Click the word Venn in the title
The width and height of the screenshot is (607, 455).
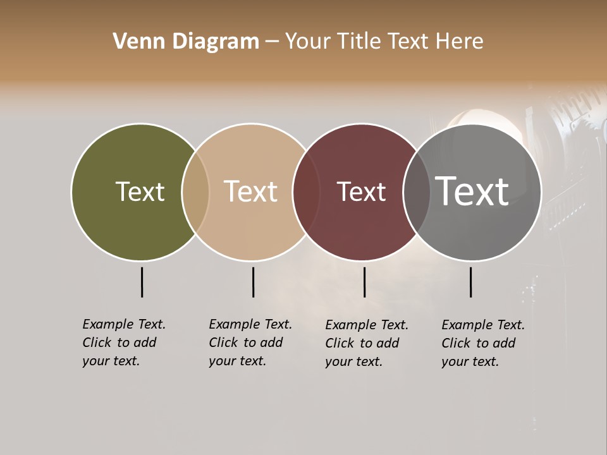[135, 42]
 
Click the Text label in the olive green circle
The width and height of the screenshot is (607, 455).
[140, 191]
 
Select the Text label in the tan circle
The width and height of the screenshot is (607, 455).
[250, 191]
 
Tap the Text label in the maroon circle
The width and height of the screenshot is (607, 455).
[361, 191]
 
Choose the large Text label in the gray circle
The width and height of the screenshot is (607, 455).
[472, 191]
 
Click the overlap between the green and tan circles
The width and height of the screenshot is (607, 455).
[195, 191]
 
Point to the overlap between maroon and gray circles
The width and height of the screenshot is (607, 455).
[416, 191]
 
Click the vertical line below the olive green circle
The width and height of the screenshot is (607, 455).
[142, 282]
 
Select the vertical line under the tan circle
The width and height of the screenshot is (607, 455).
[253, 282]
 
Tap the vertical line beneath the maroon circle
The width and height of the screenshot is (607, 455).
[364, 282]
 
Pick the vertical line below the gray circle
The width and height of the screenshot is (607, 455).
[470, 282]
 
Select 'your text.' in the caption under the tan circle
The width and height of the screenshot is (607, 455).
[237, 361]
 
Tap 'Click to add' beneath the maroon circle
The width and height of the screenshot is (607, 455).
[362, 343]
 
